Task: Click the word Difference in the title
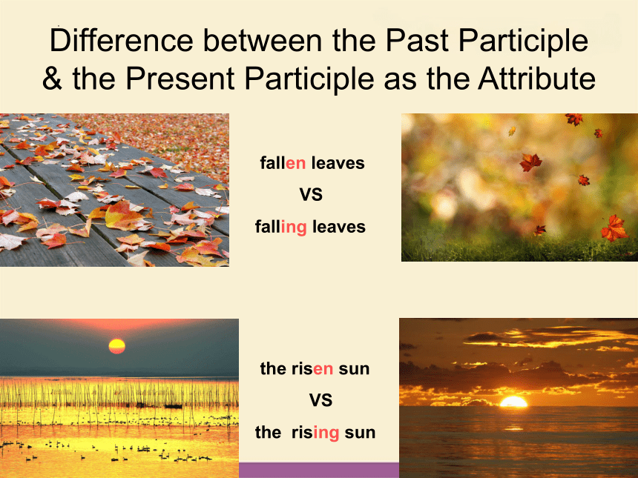[x=121, y=40]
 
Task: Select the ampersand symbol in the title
[x=52, y=78]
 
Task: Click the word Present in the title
[x=180, y=78]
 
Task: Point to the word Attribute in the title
[x=536, y=78]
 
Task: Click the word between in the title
[x=263, y=40]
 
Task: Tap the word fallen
[x=283, y=163]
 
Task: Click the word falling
[x=280, y=227]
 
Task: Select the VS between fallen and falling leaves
[x=312, y=195]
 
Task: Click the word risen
[x=312, y=368]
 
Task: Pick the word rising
[x=315, y=433]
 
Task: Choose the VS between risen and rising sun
[x=320, y=400]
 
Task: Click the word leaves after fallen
[x=338, y=163]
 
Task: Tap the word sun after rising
[x=360, y=433]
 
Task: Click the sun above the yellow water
[x=116, y=346]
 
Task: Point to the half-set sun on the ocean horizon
[x=513, y=402]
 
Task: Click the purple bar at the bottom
[x=319, y=471]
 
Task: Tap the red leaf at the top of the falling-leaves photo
[x=574, y=119]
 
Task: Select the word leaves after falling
[x=339, y=227]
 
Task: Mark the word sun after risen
[x=354, y=368]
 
